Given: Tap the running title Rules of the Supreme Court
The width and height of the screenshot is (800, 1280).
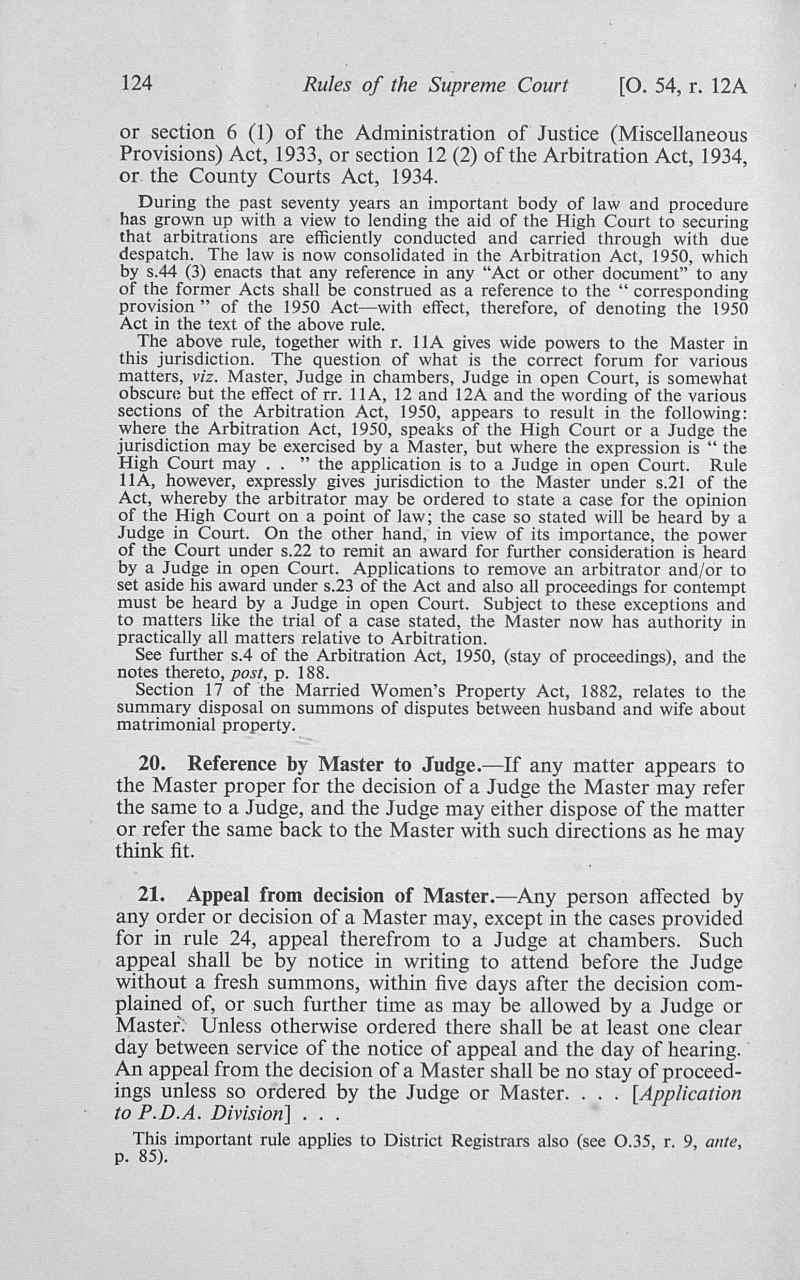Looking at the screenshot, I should (435, 85).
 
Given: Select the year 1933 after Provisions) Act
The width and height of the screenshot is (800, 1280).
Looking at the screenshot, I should (294, 156).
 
